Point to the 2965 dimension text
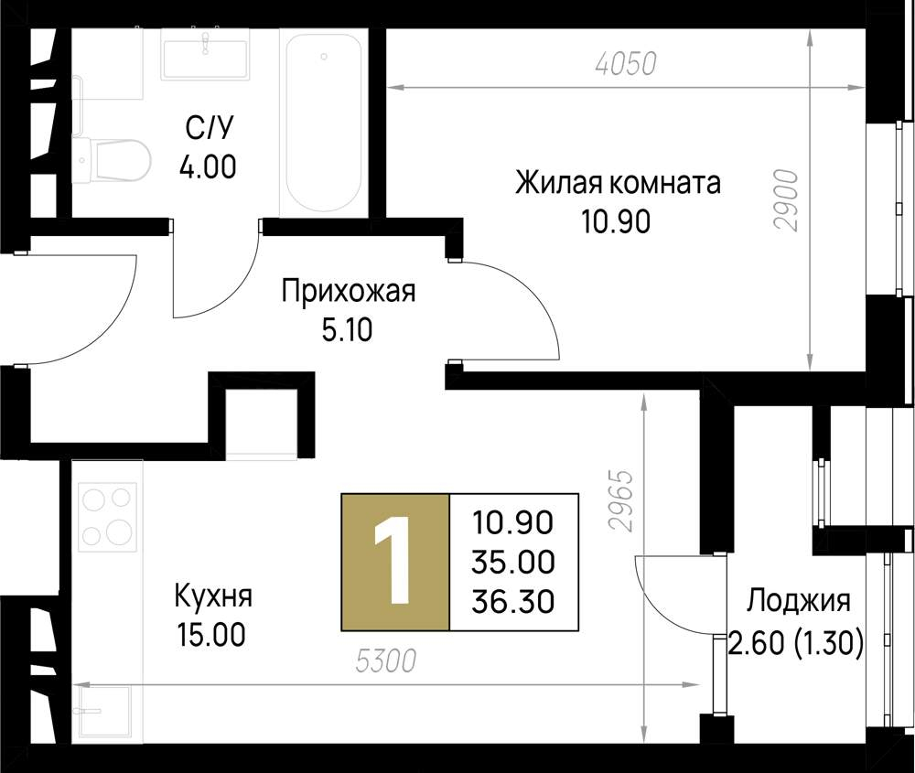623,500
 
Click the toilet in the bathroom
113,160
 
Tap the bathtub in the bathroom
324,123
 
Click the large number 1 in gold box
395,562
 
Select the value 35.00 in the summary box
512,562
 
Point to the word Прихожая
349,293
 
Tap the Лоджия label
799,601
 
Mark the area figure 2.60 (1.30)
795,644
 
